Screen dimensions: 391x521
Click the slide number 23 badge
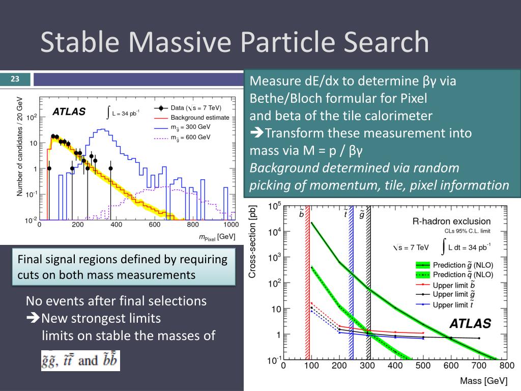click(x=15, y=79)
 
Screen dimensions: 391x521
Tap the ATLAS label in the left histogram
click(x=69, y=112)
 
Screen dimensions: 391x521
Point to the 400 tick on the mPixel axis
click(x=116, y=225)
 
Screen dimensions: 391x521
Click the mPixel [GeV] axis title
click(x=217, y=237)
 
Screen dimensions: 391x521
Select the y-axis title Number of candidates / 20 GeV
click(x=20, y=147)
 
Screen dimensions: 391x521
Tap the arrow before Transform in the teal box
click(x=256, y=133)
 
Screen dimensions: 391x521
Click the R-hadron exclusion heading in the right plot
click(x=451, y=221)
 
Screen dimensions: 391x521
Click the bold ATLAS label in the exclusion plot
click(x=470, y=323)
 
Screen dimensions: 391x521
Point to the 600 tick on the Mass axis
click(x=451, y=365)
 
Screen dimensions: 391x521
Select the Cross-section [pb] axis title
click(x=253, y=241)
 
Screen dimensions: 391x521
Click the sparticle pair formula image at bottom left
click(x=80, y=360)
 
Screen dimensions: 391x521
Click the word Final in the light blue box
click(x=30, y=260)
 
